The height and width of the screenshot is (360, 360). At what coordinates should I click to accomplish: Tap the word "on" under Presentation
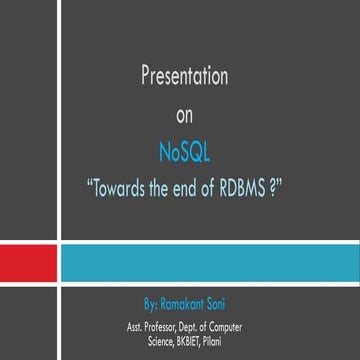(180, 115)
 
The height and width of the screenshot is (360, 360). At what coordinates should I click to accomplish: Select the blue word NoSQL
(180, 151)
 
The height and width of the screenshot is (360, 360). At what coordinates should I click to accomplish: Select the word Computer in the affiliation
(227, 325)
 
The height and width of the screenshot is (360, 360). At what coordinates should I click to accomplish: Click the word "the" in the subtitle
(157, 186)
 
